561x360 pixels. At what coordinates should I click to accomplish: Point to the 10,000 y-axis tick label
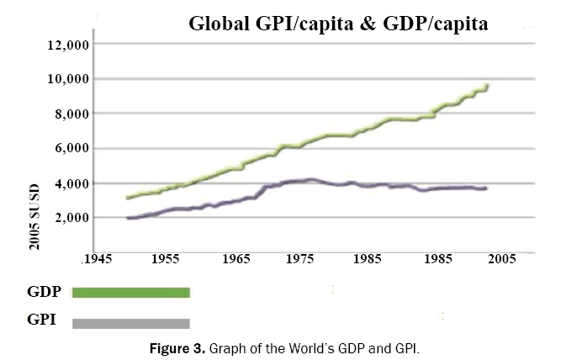tap(64, 79)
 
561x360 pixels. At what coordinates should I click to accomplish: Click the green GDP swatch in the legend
tap(131, 293)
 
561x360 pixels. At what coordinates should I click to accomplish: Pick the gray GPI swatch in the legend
tap(131, 323)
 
